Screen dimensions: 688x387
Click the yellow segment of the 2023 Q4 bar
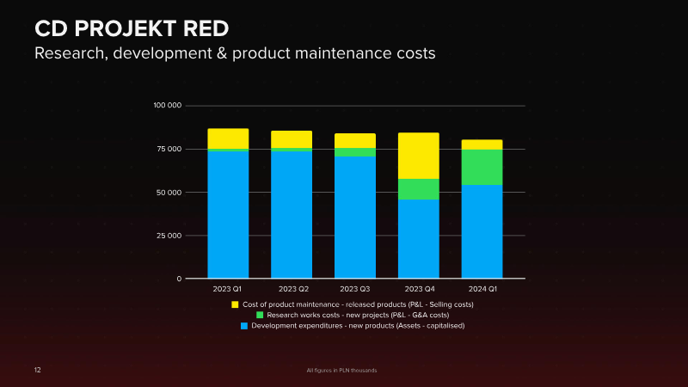pyautogui.click(x=419, y=156)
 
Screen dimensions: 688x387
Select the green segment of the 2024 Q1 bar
pyautogui.click(x=482, y=167)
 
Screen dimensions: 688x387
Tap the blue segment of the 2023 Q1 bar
pyautogui.click(x=228, y=214)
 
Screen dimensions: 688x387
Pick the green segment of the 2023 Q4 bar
pyautogui.click(x=419, y=189)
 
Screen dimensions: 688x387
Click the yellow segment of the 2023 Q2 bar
pyautogui.click(x=292, y=139)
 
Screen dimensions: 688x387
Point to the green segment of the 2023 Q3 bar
pyautogui.click(x=355, y=152)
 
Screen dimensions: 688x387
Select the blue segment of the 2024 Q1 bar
pyautogui.click(x=482, y=231)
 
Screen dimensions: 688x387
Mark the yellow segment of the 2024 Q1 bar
pyautogui.click(x=482, y=144)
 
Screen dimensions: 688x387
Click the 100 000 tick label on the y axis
pyautogui.click(x=167, y=105)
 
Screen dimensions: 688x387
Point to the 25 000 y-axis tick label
pyautogui.click(x=169, y=236)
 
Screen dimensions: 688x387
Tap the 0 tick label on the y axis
pyautogui.click(x=179, y=279)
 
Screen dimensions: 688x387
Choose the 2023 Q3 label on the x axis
pyautogui.click(x=355, y=289)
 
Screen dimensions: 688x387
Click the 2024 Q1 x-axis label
pyautogui.click(x=482, y=289)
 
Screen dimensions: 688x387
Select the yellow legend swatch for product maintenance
pyautogui.click(x=235, y=304)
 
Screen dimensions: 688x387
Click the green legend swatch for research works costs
pyautogui.click(x=260, y=315)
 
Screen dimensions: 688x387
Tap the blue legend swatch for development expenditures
pyautogui.click(x=244, y=326)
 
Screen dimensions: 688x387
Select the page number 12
pyautogui.click(x=37, y=370)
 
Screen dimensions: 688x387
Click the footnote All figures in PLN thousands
pyautogui.click(x=341, y=371)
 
